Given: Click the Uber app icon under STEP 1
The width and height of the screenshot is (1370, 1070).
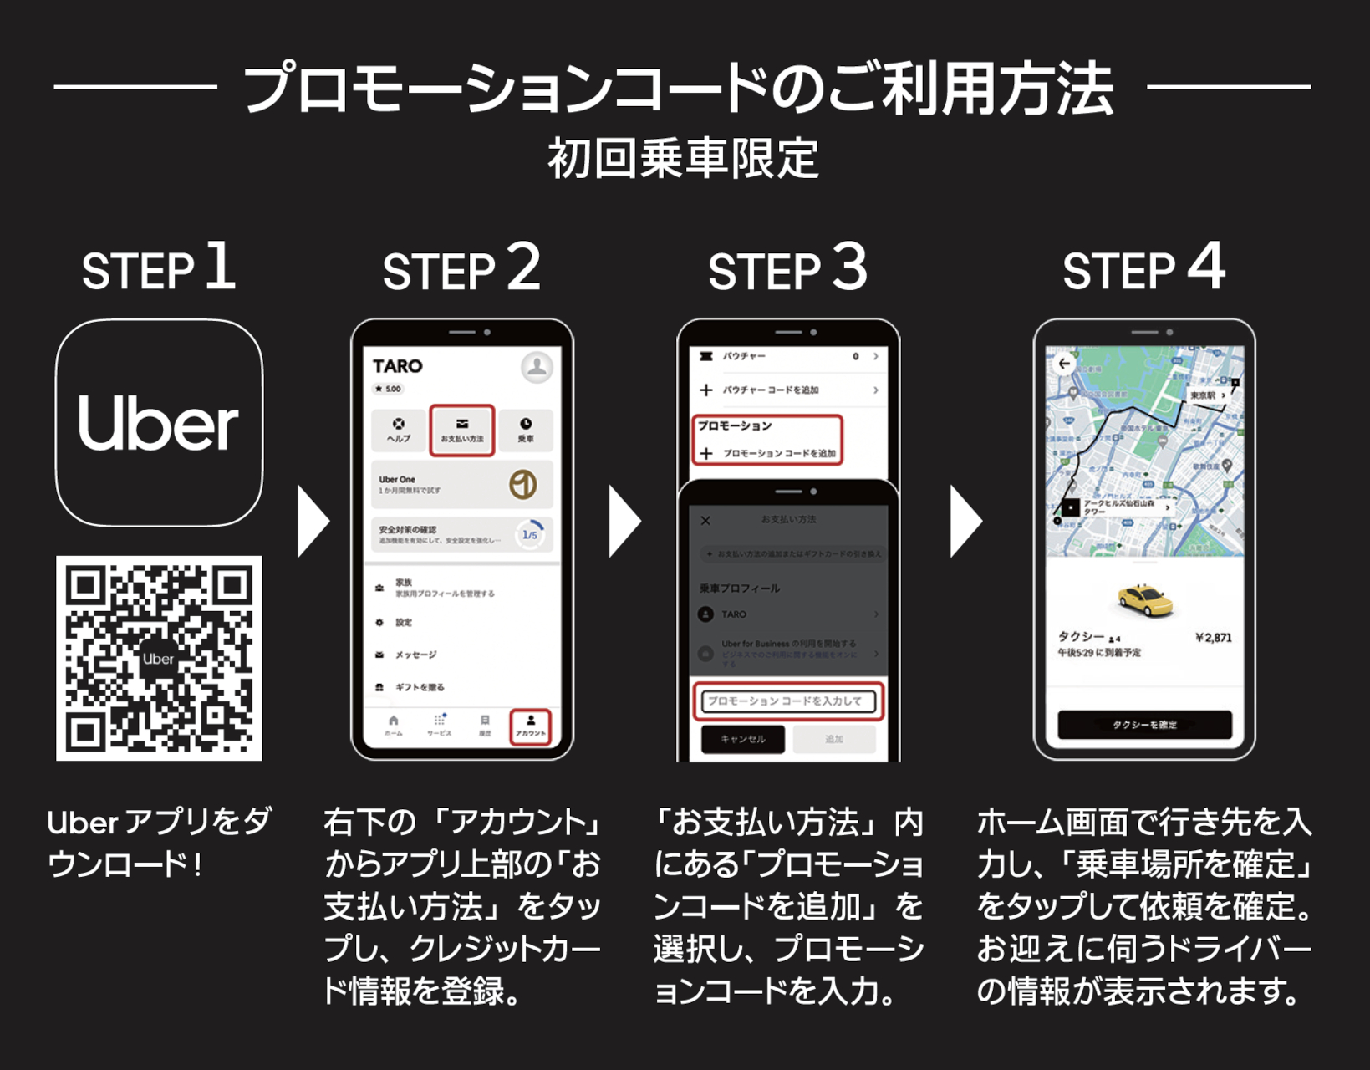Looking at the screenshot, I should [159, 422].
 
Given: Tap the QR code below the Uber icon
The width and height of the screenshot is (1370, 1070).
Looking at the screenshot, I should [159, 658].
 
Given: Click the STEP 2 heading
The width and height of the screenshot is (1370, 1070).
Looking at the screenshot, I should [461, 269].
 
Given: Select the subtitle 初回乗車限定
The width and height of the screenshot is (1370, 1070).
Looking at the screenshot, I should [683, 159].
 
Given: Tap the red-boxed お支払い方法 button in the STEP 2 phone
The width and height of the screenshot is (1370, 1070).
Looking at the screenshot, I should [462, 431].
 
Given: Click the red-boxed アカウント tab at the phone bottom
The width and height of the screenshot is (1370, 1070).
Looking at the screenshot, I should [531, 726].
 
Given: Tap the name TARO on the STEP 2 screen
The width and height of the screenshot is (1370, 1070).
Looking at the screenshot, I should [397, 366].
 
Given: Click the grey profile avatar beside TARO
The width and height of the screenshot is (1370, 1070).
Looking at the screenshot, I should [537, 367].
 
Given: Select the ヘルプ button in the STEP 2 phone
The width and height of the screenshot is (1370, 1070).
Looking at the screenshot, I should [399, 430].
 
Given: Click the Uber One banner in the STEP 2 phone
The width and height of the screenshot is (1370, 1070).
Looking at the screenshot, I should [461, 484].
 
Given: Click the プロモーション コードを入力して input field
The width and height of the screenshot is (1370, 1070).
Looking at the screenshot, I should [787, 701].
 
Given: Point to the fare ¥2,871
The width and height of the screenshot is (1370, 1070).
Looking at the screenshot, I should [1213, 638].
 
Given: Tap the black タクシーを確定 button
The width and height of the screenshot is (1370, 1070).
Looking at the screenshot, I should [1144, 724].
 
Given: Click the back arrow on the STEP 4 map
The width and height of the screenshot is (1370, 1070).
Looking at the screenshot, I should [1063, 364].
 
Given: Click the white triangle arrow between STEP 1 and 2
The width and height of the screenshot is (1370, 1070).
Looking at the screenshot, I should [313, 522].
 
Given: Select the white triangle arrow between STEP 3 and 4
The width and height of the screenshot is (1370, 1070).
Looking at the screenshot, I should [965, 522].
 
